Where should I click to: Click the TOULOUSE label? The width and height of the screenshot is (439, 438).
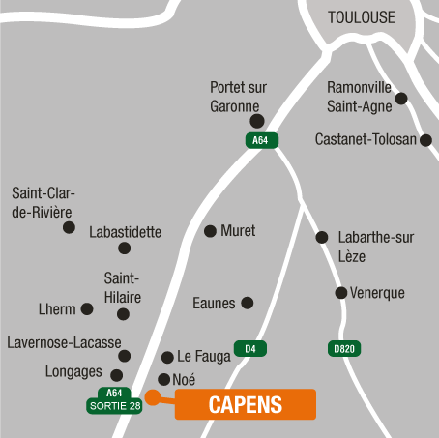click(x=362, y=17)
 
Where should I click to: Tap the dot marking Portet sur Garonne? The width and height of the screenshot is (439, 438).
click(x=256, y=121)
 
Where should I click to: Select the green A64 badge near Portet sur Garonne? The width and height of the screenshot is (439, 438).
click(x=260, y=140)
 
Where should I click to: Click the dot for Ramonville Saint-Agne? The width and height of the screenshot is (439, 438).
click(x=401, y=98)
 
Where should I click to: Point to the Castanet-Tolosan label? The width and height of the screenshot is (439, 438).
click(x=366, y=139)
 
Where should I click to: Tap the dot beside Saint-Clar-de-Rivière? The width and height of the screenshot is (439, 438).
click(x=69, y=227)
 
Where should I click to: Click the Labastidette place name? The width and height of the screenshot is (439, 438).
click(x=125, y=232)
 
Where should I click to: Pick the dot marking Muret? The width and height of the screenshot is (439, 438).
click(x=210, y=231)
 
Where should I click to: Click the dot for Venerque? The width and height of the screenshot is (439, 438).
click(x=340, y=293)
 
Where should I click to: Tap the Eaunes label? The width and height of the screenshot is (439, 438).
click(x=214, y=304)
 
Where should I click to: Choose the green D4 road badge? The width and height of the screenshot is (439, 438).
click(x=249, y=348)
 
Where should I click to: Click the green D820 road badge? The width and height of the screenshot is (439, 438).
click(x=343, y=348)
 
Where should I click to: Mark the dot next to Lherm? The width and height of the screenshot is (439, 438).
click(x=87, y=309)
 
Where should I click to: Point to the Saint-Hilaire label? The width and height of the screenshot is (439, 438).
click(x=123, y=288)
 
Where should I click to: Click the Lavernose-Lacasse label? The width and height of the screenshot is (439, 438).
click(x=64, y=342)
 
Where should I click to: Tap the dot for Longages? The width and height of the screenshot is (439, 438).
click(x=117, y=375)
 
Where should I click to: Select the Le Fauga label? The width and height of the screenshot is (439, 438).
click(x=204, y=357)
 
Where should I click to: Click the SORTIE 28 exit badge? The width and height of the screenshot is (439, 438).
click(x=115, y=405)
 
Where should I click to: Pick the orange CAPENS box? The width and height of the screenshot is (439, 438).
click(x=246, y=404)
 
